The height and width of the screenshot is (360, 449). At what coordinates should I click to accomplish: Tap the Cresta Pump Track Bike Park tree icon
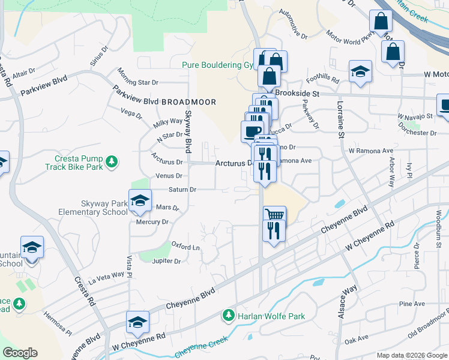(111, 161)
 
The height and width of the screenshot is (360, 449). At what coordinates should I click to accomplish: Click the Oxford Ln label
(185, 247)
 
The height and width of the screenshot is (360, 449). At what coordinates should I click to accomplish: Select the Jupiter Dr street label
(167, 261)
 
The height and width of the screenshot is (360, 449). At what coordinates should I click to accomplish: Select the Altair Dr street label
(23, 73)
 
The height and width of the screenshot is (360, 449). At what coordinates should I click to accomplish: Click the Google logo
(20, 353)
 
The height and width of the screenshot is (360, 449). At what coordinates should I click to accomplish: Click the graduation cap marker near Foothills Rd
(361, 73)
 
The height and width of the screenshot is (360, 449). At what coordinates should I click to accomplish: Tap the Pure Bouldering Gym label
(217, 64)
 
